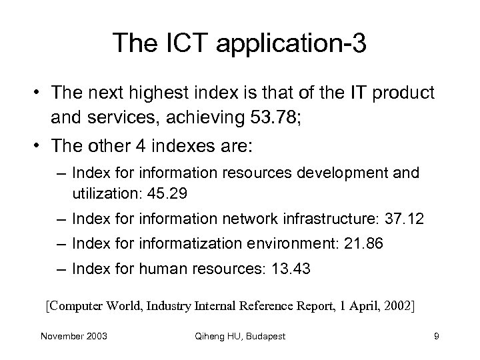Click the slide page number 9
[x=435, y=337]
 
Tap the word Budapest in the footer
[x=263, y=337]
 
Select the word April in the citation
[x=352, y=306]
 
